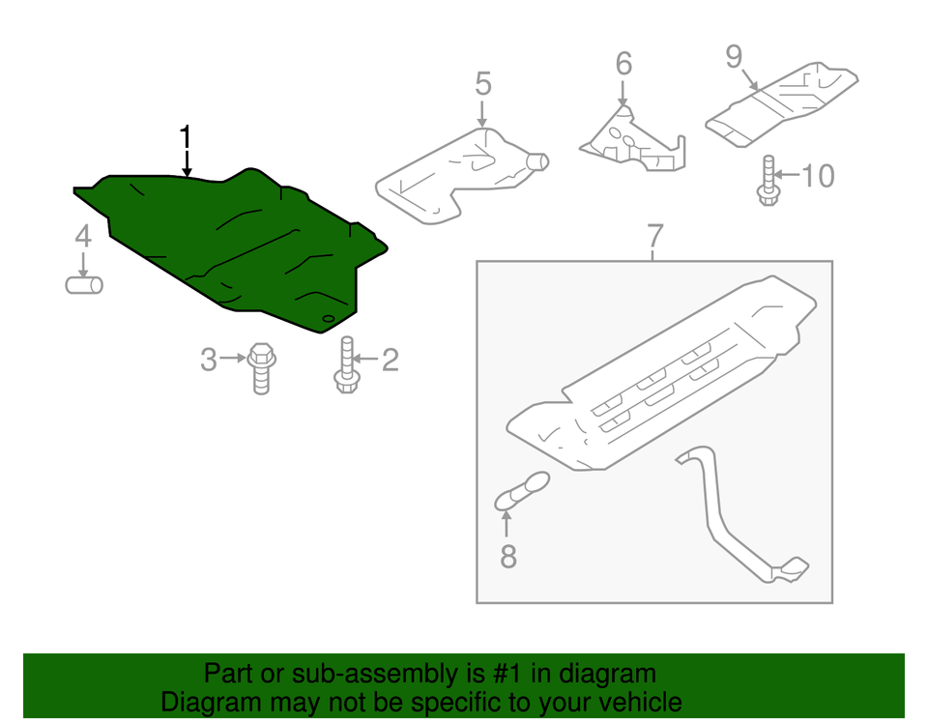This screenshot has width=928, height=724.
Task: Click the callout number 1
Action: pos(186,137)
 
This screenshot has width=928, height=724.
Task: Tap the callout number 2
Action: pos(390,361)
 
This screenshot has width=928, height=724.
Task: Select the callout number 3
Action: pos(209,361)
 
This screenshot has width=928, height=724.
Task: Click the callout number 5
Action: pos(482,84)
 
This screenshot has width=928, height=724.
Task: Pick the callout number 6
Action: pos(623,64)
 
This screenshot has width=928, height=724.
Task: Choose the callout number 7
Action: pos(654,235)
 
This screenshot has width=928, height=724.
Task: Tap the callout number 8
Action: pos(507,556)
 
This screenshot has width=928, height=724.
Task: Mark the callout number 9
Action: pos(735,57)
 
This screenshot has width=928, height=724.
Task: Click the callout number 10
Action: pos(817,176)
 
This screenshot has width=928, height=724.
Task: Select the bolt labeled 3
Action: pos(258,367)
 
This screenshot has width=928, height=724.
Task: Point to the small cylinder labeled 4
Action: pos(84,285)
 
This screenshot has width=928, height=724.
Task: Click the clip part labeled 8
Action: pos(522,489)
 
